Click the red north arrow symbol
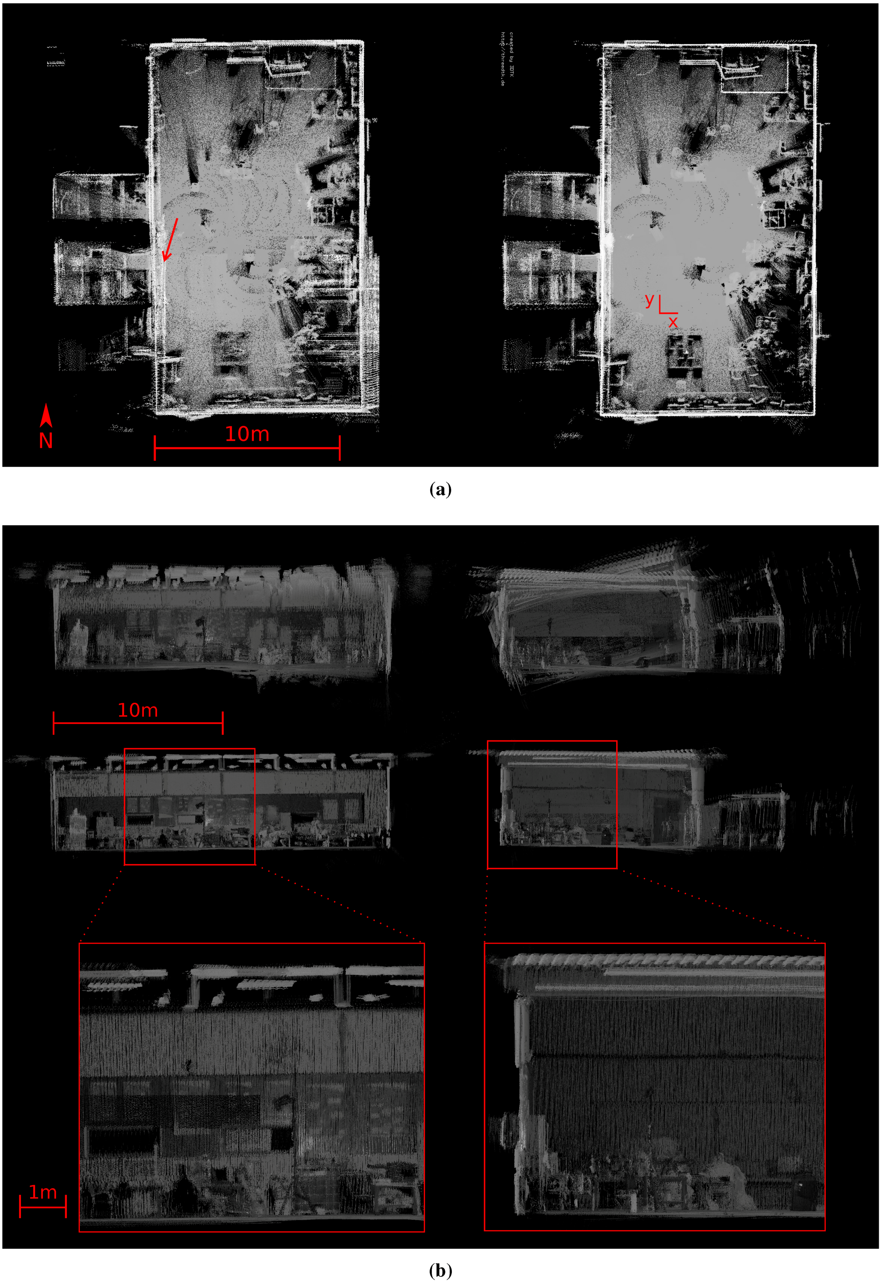pos(46,416)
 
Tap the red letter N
pos(46,441)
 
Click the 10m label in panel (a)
pos(247,434)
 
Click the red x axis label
pos(673,321)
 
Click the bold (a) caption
pos(441,489)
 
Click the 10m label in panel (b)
pos(138,710)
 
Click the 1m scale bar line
pos(43,1206)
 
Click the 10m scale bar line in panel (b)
pos(138,723)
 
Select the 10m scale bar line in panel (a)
pos(247,448)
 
